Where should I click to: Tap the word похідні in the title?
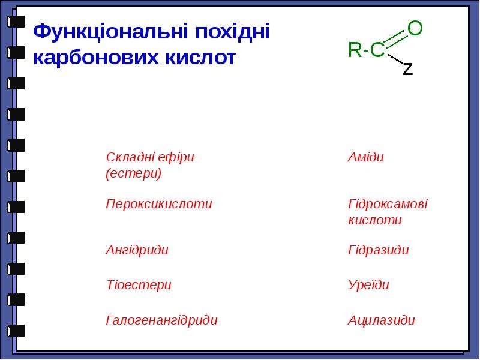(233, 31)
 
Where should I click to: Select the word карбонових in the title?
(97, 57)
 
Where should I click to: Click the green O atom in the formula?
(415, 28)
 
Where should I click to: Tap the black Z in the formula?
(408, 69)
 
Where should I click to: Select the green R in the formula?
(355, 50)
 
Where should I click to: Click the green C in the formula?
(377, 50)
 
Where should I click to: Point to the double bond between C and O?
(397, 40)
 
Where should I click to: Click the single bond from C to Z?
(395, 58)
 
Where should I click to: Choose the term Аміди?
(365, 157)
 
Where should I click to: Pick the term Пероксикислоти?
(158, 204)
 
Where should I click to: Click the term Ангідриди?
(137, 250)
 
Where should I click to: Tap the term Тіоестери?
(139, 284)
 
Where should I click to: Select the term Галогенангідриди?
(161, 320)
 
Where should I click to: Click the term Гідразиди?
(379, 250)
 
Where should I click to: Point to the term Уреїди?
(368, 284)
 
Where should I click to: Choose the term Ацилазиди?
(381, 320)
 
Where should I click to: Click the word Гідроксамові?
(388, 204)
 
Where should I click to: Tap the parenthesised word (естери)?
(133, 173)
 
